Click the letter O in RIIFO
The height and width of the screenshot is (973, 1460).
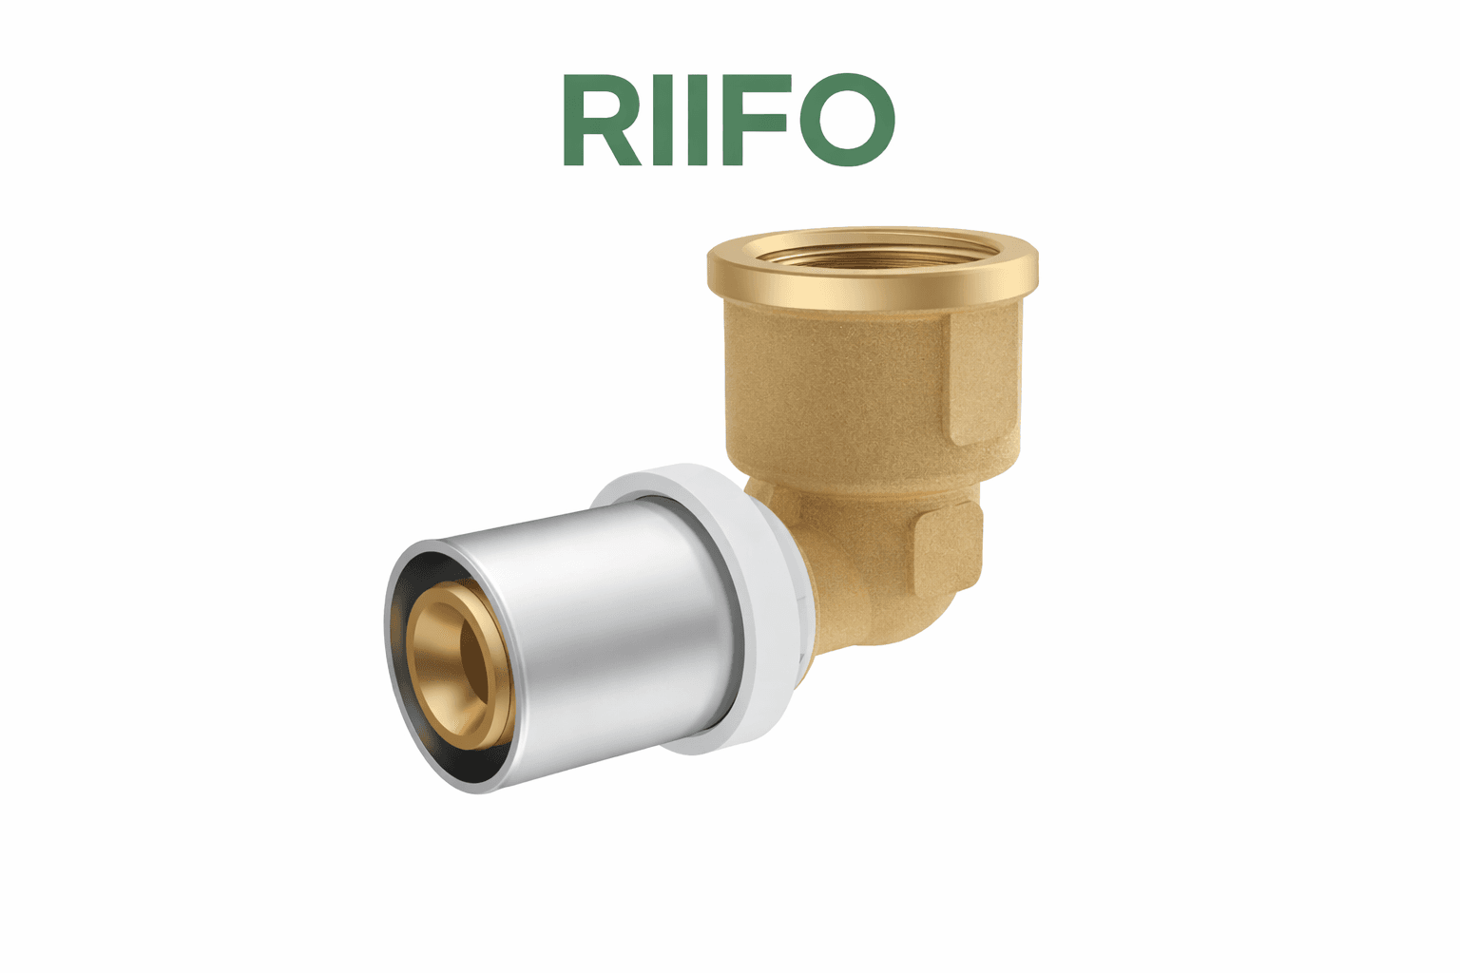(848, 120)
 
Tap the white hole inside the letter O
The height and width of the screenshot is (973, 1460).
(848, 120)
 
